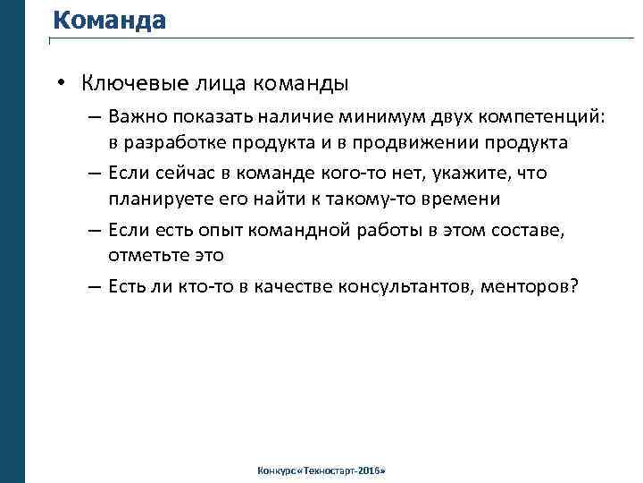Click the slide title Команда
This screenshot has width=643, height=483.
pyautogui.click(x=109, y=20)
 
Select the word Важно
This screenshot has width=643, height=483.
pyautogui.click(x=133, y=117)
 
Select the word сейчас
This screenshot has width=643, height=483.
pyautogui.click(x=177, y=173)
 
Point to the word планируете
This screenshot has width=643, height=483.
pyautogui.click(x=158, y=198)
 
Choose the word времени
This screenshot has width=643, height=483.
pyautogui.click(x=460, y=198)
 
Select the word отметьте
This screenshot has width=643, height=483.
pyautogui.click(x=146, y=255)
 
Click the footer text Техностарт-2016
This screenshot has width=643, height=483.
pyautogui.click(x=342, y=470)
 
